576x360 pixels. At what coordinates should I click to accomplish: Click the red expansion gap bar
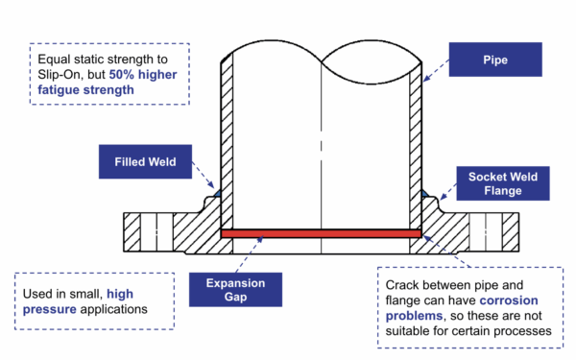pos(321,233)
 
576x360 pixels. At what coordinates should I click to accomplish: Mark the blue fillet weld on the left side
pos(217,193)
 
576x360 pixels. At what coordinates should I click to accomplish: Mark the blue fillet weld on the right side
pos(424,193)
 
